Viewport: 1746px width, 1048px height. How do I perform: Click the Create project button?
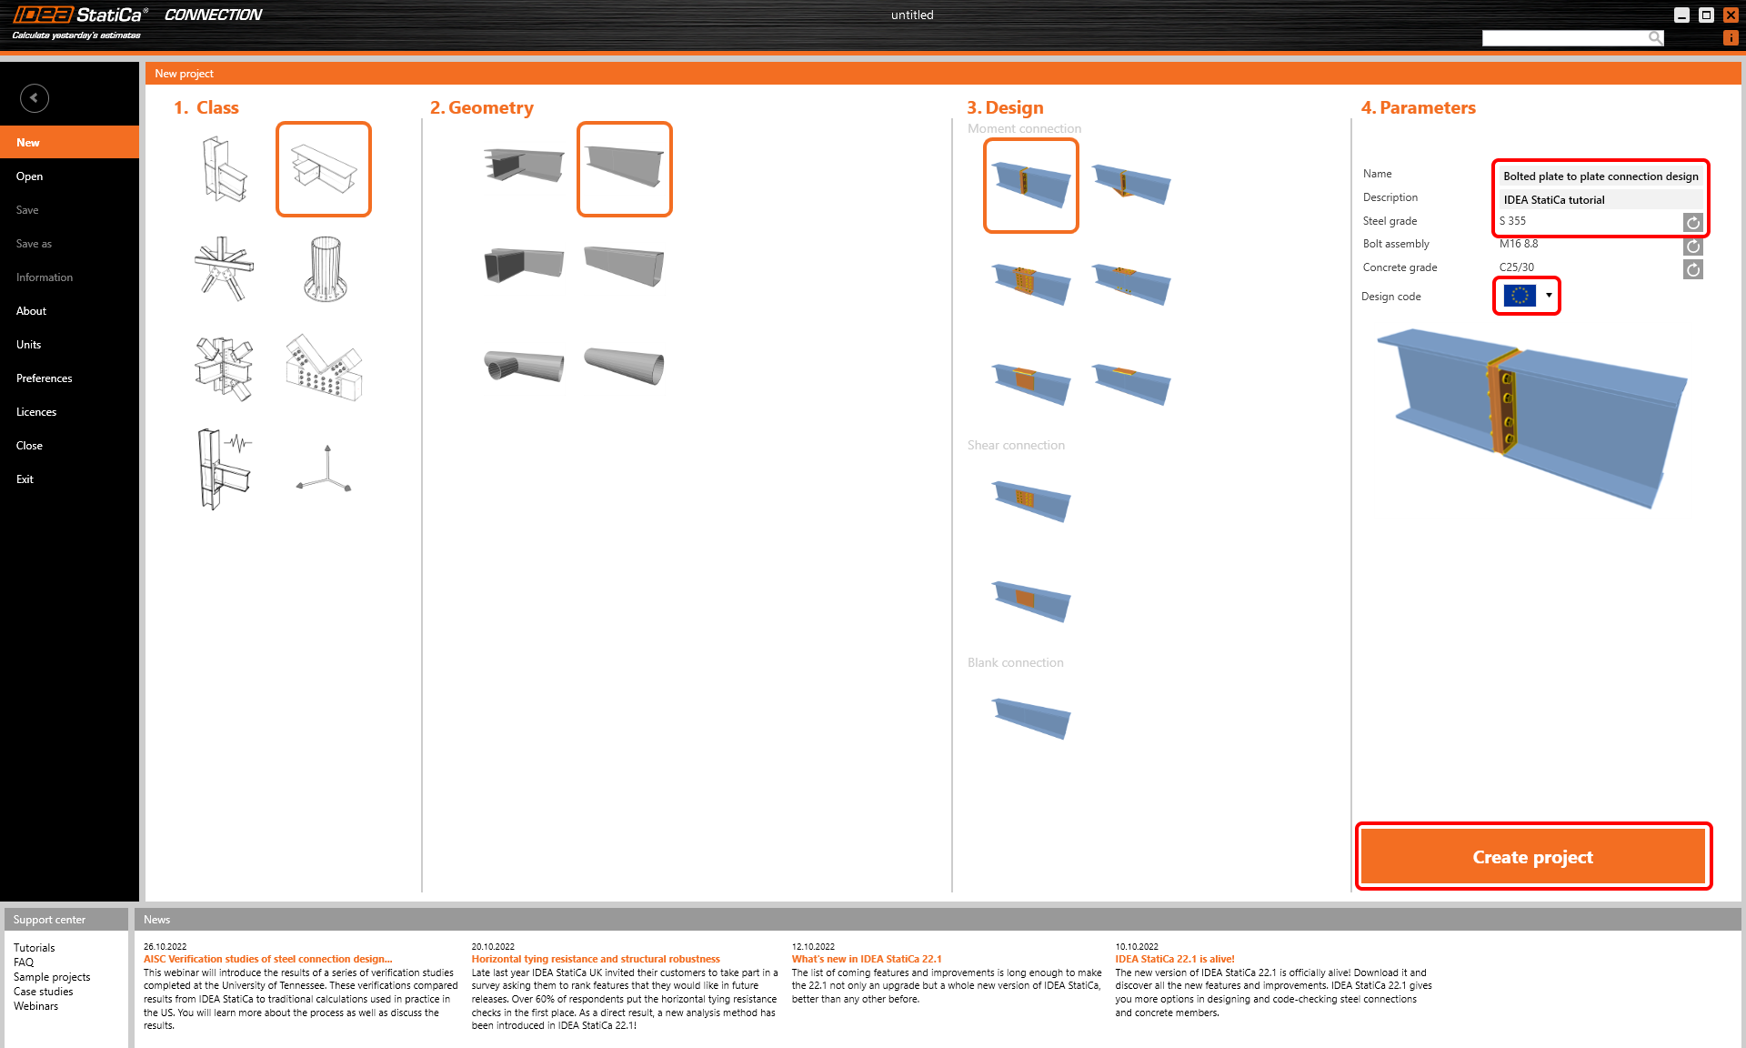1532,857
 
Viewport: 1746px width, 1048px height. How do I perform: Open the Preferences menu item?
44,378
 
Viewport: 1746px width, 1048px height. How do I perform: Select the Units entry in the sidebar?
28,345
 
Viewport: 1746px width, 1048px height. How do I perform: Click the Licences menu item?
36,412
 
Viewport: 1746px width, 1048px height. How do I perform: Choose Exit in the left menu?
25,479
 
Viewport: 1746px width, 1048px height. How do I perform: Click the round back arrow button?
35,98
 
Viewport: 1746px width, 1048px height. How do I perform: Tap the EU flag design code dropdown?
1528,296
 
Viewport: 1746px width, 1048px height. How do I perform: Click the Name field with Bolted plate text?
1600,176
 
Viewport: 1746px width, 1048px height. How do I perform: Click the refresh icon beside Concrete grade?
1692,269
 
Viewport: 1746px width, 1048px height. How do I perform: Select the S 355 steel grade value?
1513,221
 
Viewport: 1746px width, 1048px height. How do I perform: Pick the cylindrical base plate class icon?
325,269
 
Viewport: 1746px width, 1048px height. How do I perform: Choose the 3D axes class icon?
325,469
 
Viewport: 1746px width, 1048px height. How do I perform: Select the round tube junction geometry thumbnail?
524,367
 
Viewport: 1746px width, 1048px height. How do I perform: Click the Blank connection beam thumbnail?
1031,719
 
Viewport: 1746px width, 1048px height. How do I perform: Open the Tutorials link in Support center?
34,948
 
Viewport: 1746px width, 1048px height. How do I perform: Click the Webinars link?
35,1006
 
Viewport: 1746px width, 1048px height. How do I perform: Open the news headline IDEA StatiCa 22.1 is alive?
1175,959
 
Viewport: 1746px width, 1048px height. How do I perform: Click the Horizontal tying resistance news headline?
595,959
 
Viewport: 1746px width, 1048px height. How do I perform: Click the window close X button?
1731,15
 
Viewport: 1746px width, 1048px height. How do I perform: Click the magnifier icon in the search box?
1655,37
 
